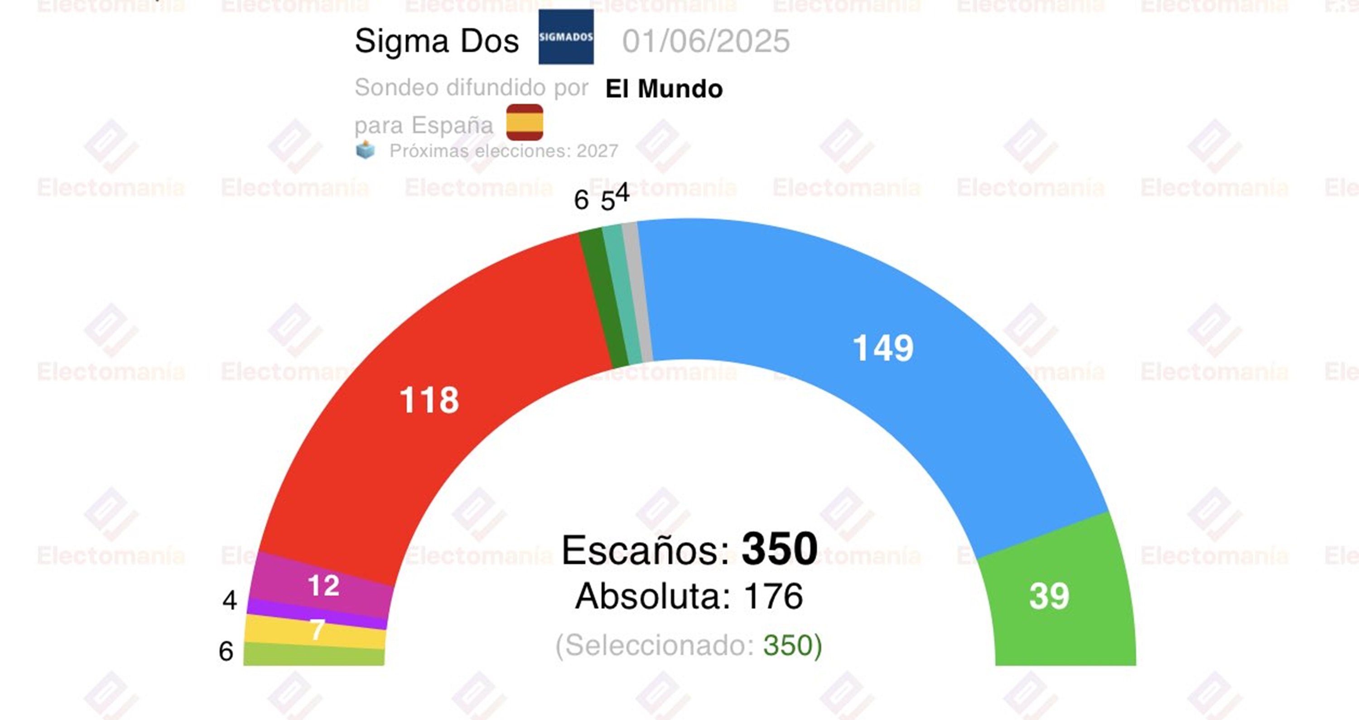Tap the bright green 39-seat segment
[x=1055, y=607]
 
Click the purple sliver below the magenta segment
[x=317, y=614]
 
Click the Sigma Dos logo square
[x=565, y=37]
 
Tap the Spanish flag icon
[x=525, y=122]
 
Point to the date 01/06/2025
[x=705, y=41]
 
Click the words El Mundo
[x=664, y=89]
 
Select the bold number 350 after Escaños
[x=779, y=549]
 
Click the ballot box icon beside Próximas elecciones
[x=365, y=150]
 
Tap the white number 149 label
[x=882, y=348]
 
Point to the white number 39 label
[x=1049, y=597]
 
